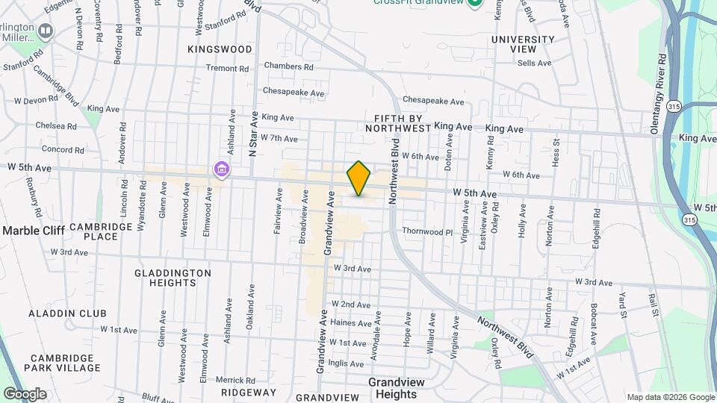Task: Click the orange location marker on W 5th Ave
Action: (359, 178)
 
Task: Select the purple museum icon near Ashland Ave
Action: (221, 170)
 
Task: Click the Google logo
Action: (25, 393)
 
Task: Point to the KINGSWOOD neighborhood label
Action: (220, 49)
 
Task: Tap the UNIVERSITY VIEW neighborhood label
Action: (523, 44)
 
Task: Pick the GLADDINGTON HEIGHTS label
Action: (173, 278)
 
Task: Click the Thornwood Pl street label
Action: (427, 232)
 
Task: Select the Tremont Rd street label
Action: (227, 68)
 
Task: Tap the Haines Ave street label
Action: (350, 323)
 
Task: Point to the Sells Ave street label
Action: (534, 63)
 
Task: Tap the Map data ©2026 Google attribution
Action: (669, 397)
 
